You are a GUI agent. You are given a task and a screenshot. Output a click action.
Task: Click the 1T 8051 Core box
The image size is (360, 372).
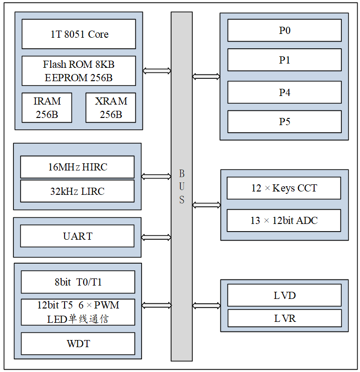[x=79, y=34]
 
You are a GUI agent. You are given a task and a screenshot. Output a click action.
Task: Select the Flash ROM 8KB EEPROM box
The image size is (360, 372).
[x=79, y=71]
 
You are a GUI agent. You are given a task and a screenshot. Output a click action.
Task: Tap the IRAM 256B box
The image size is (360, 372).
[x=47, y=107]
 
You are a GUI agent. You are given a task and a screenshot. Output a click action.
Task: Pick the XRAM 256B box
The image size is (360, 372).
[x=110, y=107]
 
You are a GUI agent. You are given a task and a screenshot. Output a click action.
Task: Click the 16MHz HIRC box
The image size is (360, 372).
[x=77, y=167]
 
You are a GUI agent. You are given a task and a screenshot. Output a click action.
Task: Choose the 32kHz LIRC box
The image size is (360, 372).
[x=77, y=191]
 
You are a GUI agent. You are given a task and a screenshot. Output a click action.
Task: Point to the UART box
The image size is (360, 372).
[x=77, y=236]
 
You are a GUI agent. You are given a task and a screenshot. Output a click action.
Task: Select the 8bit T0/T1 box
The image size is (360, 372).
[x=78, y=282]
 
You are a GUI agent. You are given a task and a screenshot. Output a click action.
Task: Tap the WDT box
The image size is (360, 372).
[x=78, y=344]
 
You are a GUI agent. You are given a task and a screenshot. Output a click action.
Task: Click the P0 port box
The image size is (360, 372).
[x=284, y=31]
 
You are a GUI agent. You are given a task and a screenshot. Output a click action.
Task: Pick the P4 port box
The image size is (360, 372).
[x=284, y=93]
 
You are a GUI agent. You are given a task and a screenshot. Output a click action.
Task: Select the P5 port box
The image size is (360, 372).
[x=284, y=122]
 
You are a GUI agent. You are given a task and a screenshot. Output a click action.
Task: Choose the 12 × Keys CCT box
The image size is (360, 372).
[x=284, y=188]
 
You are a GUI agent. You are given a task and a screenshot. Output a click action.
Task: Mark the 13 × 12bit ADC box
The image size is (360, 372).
[x=284, y=221]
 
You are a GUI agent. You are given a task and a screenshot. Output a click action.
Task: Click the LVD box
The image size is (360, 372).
[x=284, y=296]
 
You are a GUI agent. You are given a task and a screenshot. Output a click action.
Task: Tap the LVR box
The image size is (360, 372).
[x=284, y=318]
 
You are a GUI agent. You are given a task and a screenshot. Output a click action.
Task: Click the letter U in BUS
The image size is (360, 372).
[x=182, y=187]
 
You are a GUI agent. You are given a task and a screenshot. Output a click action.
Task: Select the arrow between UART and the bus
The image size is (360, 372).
[x=156, y=237]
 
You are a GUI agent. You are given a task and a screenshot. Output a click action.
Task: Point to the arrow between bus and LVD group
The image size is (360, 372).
[x=206, y=306]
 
